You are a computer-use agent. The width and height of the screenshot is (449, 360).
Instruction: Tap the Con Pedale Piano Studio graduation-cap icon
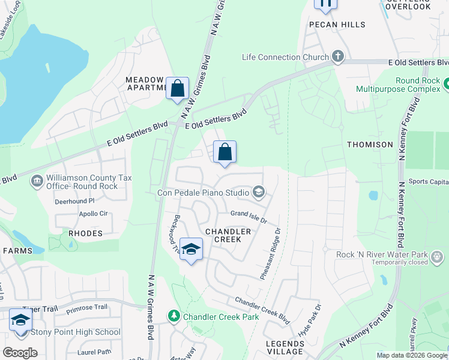(259, 193)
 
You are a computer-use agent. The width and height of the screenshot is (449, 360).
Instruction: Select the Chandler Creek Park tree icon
(174, 316)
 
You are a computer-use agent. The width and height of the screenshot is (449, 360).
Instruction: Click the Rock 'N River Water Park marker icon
(437, 257)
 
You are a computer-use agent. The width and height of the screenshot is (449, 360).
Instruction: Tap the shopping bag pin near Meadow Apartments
(178, 89)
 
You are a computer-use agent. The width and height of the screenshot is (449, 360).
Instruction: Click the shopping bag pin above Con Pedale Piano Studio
(224, 152)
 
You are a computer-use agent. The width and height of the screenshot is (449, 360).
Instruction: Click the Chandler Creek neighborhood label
(228, 235)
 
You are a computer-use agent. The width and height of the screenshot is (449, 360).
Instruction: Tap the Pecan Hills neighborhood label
(337, 25)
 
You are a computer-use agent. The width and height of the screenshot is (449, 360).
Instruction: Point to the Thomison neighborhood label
(370, 145)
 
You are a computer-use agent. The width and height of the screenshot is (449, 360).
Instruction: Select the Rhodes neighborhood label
(86, 233)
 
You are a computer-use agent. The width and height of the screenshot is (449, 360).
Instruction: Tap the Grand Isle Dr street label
(249, 215)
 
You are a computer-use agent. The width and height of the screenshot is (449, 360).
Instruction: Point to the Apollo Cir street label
(93, 213)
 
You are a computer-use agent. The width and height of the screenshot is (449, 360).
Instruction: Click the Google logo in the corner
(20, 353)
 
